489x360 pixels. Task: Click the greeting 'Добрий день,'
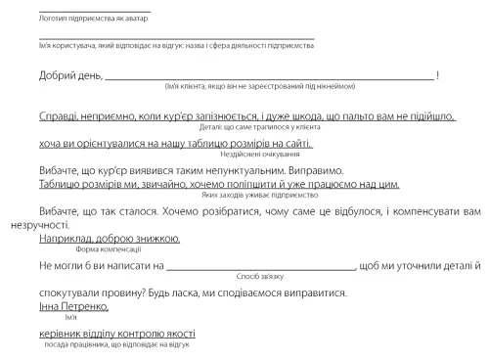point(70,75)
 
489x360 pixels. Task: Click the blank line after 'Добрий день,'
point(269,77)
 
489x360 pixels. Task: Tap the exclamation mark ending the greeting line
point(438,75)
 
